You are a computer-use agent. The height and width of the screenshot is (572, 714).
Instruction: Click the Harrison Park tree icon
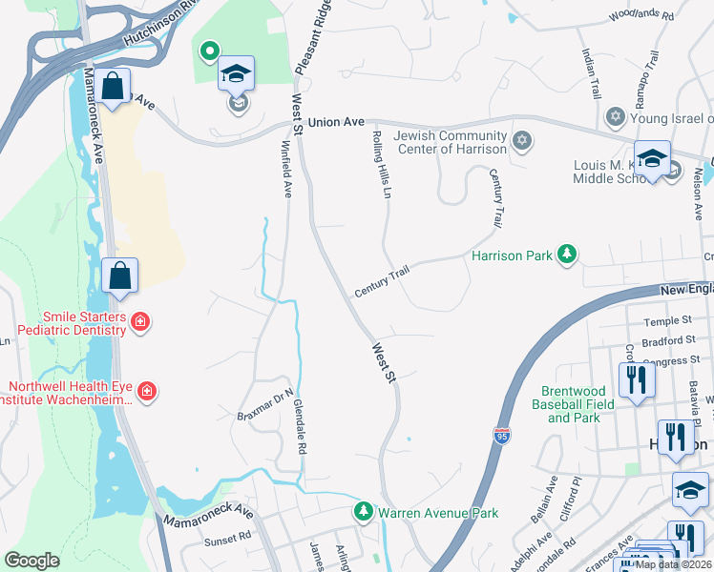(568, 255)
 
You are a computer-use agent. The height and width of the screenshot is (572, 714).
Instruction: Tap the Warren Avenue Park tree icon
(363, 513)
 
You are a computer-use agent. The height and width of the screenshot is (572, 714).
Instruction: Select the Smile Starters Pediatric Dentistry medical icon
(140, 322)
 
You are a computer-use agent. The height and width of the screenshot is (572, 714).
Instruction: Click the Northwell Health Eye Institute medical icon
(147, 390)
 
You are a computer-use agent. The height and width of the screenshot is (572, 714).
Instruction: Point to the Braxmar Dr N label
(264, 408)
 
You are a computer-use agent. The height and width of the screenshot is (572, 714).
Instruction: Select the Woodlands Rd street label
(640, 16)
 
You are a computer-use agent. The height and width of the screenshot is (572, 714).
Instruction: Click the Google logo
(31, 561)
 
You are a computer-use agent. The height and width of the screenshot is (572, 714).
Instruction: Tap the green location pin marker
(207, 51)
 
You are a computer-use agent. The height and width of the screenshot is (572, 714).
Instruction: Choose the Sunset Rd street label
(227, 541)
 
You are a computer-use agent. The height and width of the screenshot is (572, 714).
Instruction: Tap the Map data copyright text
(673, 564)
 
